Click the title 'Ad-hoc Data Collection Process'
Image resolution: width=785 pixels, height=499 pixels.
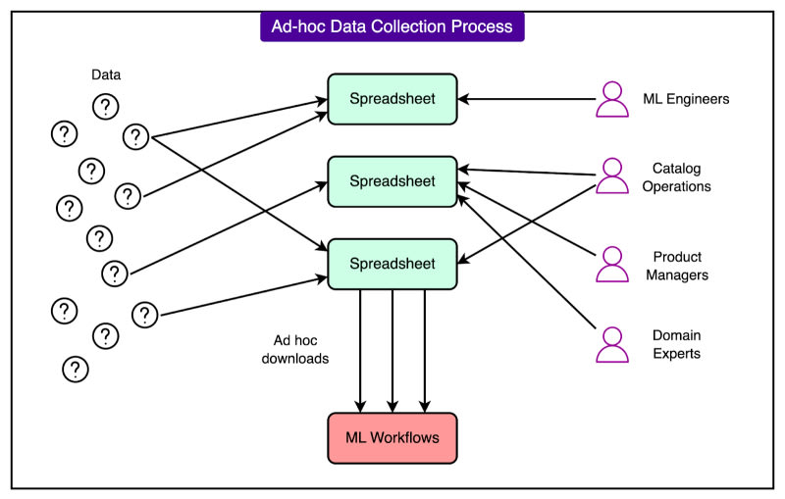coord(392,26)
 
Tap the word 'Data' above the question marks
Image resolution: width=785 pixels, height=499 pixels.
coord(106,75)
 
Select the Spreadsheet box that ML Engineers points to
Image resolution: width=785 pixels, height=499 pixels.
coord(392,99)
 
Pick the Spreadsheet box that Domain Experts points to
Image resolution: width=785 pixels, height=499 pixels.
coord(392,181)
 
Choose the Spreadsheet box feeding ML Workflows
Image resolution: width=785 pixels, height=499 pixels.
coord(392,264)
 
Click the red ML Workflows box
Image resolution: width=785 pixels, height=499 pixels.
coord(392,437)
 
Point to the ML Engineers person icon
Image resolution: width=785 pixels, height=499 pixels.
coord(613,99)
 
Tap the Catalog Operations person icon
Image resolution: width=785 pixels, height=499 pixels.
coord(613,175)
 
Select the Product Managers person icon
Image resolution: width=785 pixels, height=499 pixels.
coord(613,264)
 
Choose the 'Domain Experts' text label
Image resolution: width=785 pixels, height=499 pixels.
coord(677,344)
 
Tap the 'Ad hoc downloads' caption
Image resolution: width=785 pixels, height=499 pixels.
coord(301,350)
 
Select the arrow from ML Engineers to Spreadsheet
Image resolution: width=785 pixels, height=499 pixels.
coord(530,99)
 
